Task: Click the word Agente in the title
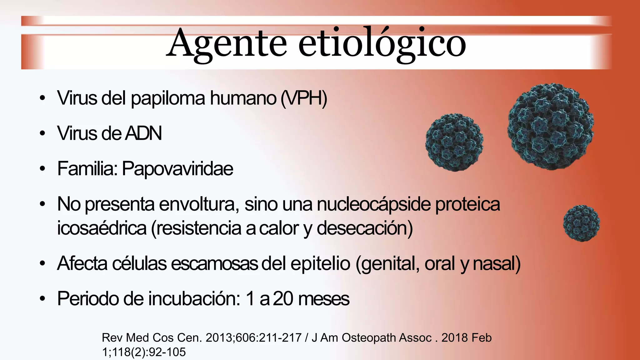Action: pyautogui.click(x=227, y=44)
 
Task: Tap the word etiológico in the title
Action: pyautogui.click(x=382, y=44)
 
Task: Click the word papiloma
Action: pyautogui.click(x=168, y=99)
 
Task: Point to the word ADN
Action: pyautogui.click(x=143, y=133)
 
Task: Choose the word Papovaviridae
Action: pyautogui.click(x=177, y=169)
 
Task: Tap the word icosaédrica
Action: pyautogui.click(x=102, y=228)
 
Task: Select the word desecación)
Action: pyautogui.click(x=365, y=228)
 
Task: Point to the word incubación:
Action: pyautogui.click(x=194, y=299)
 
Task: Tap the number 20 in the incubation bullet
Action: pyautogui.click(x=283, y=299)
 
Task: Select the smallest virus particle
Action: pyautogui.click(x=581, y=223)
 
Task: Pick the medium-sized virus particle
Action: pyautogui.click(x=454, y=142)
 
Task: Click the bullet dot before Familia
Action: pyautogui.click(x=42, y=169)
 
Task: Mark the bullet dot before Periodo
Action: pyautogui.click(x=42, y=299)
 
